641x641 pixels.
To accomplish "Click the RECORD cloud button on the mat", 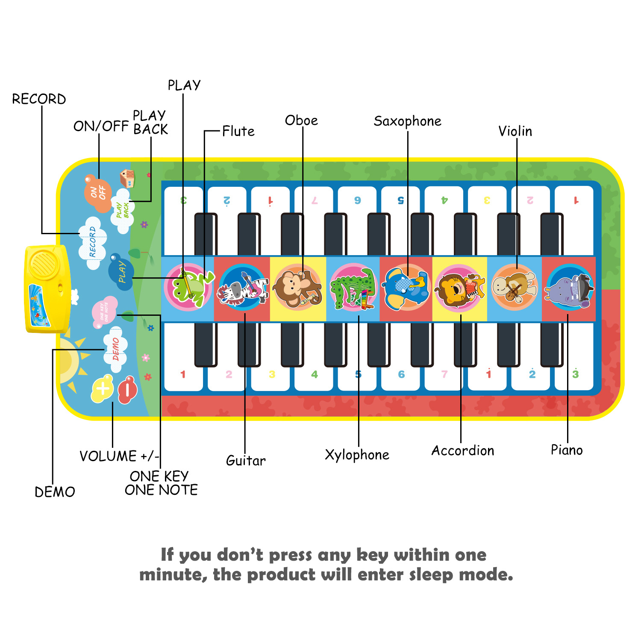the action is (92, 243).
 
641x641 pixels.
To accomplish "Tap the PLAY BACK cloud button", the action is (123, 211).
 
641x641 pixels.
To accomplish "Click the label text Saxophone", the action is (407, 121).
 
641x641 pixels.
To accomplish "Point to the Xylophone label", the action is (357, 455).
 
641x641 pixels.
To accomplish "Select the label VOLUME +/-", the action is (119, 456).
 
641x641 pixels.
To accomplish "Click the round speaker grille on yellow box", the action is (43, 264).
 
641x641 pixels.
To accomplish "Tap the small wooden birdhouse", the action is (127, 179).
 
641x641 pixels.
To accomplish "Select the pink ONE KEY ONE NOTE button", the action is (104, 312).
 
